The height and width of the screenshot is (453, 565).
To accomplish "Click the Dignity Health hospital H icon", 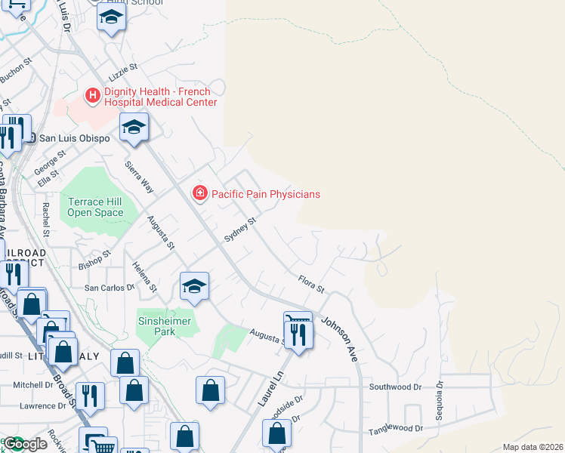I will tap(93, 95).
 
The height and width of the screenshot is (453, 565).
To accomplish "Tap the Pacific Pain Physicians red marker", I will tap(199, 194).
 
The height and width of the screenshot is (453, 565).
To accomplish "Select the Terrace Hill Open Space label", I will tap(95, 207).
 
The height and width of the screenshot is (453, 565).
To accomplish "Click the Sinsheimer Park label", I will tap(166, 326).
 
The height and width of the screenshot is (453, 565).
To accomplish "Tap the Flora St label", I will tap(310, 284).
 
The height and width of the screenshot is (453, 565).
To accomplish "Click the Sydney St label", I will tap(241, 231).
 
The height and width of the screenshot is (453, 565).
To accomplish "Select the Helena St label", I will tap(145, 277).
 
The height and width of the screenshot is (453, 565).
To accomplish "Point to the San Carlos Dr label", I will tap(109, 288).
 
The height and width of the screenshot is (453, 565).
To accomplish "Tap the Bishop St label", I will tap(95, 260).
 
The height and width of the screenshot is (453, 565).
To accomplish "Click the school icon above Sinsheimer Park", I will tap(194, 286).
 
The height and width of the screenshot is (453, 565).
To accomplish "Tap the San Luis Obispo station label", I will tap(74, 138).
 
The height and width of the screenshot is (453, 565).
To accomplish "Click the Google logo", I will tap(26, 444).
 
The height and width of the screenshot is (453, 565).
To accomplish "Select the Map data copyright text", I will tap(533, 447).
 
